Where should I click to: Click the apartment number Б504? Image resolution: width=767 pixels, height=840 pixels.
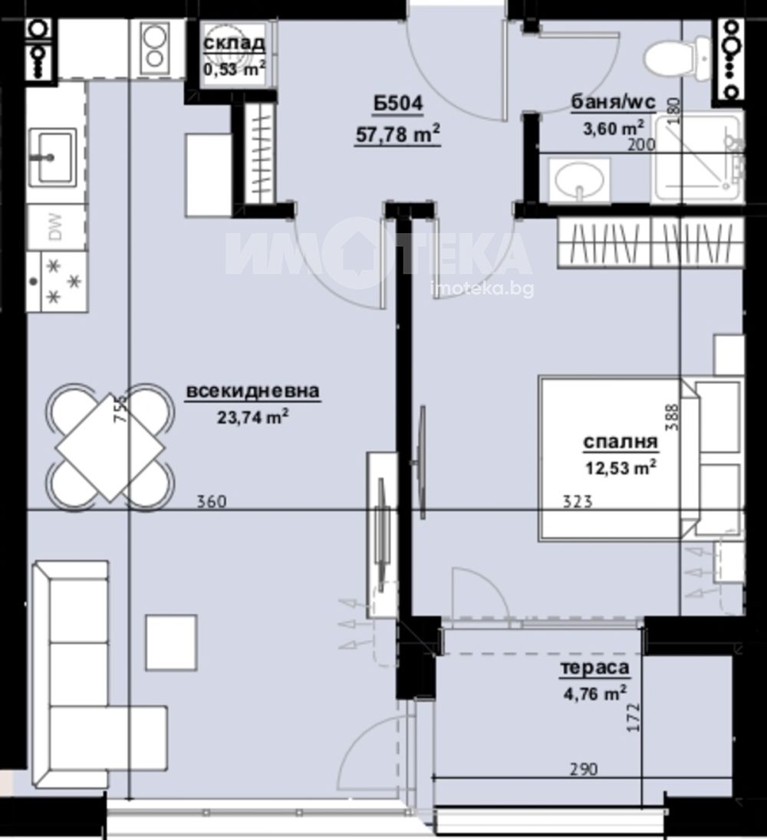(x=398, y=103)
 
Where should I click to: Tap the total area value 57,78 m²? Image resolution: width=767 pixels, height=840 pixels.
(x=398, y=133)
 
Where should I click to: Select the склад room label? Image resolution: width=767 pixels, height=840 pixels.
(x=234, y=43)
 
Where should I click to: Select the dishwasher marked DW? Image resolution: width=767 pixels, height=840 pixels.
(x=56, y=227)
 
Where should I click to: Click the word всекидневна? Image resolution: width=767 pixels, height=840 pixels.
(x=253, y=391)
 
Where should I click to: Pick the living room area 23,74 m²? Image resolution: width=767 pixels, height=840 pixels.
(x=253, y=416)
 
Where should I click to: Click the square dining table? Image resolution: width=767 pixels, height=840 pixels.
(x=110, y=448)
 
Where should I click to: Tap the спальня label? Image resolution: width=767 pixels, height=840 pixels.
(x=621, y=442)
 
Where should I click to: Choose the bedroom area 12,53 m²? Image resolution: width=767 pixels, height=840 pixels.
(x=621, y=468)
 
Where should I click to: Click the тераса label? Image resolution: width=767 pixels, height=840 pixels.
(x=594, y=668)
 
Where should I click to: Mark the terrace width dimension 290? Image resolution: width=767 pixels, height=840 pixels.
(x=583, y=769)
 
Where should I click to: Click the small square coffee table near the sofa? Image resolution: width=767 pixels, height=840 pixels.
(x=172, y=642)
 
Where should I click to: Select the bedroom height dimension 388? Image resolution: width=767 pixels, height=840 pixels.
(x=672, y=417)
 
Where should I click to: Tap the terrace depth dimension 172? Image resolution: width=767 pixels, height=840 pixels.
(x=634, y=718)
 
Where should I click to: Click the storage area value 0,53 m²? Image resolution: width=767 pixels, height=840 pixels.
(x=234, y=68)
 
